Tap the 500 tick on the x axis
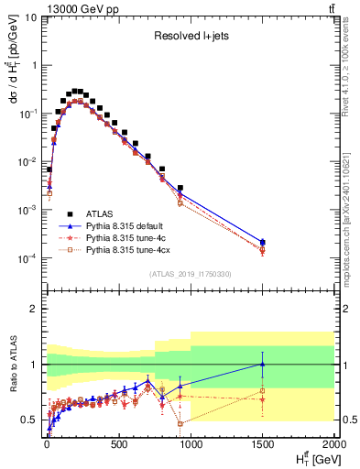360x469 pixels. coord(118,446)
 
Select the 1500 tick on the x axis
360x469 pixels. coord(262,446)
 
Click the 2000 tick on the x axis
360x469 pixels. coord(333,446)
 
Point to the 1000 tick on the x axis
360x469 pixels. coord(190,446)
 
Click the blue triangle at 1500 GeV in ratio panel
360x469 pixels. coord(262,364)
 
